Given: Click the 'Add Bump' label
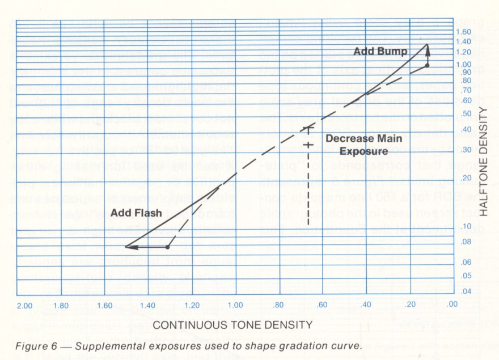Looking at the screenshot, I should click(380, 52).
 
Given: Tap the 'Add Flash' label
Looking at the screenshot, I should click(136, 213).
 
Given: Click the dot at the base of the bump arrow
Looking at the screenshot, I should click(427, 66).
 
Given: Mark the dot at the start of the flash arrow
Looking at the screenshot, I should click(168, 247).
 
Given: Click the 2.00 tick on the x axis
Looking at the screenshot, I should click(24, 306).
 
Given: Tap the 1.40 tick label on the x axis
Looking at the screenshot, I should click(147, 306).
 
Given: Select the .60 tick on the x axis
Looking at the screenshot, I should click(322, 306).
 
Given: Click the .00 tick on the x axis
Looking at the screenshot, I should click(452, 306).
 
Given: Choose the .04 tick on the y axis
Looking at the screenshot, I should click(465, 291).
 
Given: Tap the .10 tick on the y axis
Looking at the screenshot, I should click(465, 226).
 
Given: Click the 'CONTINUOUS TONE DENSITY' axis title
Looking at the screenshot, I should click(233, 325).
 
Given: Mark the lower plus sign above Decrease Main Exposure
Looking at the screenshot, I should click(308, 146).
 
